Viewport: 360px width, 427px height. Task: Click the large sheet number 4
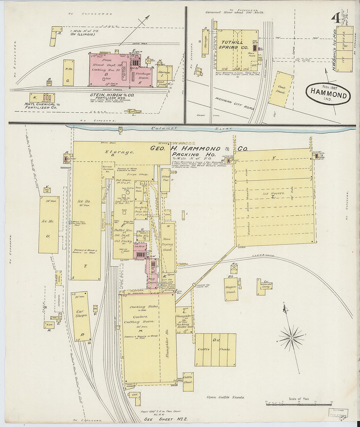(335, 19)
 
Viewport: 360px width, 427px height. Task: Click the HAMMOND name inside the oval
(328, 95)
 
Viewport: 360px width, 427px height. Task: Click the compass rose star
(290, 337)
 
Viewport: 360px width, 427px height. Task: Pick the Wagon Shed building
(231, 289)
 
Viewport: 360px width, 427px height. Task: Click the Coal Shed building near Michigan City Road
(281, 89)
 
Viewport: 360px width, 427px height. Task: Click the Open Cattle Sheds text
(225, 397)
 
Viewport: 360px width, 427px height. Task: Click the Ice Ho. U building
(49, 225)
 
